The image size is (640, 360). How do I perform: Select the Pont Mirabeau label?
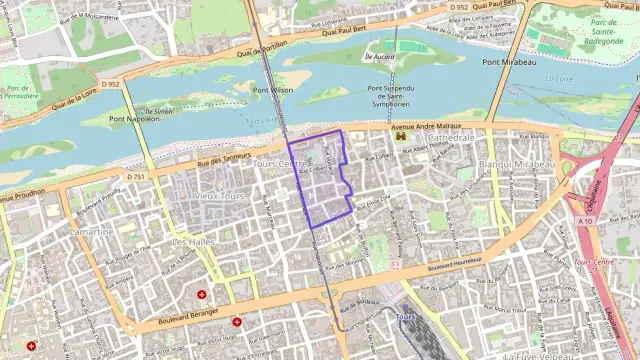(506, 62)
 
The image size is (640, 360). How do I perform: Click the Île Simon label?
(160, 110)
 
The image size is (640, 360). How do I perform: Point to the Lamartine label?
(92, 231)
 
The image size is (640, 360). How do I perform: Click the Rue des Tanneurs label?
(222, 163)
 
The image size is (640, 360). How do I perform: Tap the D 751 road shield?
(136, 177)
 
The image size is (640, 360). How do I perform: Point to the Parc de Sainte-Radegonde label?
(605, 29)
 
